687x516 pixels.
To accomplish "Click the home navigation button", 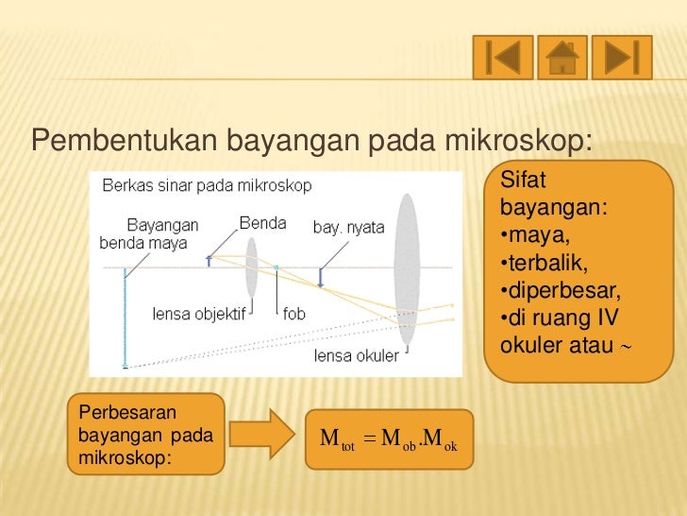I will pos(562,58).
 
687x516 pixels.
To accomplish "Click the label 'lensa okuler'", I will pos(356,356).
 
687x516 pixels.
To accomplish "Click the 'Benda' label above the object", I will pos(262,224).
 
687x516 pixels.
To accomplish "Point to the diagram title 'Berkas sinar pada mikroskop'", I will pos(207,186).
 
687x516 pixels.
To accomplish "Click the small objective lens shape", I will pos(252,267).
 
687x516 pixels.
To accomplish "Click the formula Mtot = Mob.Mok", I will pos(389,439).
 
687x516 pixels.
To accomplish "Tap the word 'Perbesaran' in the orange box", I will pos(121,413).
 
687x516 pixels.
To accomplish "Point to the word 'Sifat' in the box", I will pos(517,180).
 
